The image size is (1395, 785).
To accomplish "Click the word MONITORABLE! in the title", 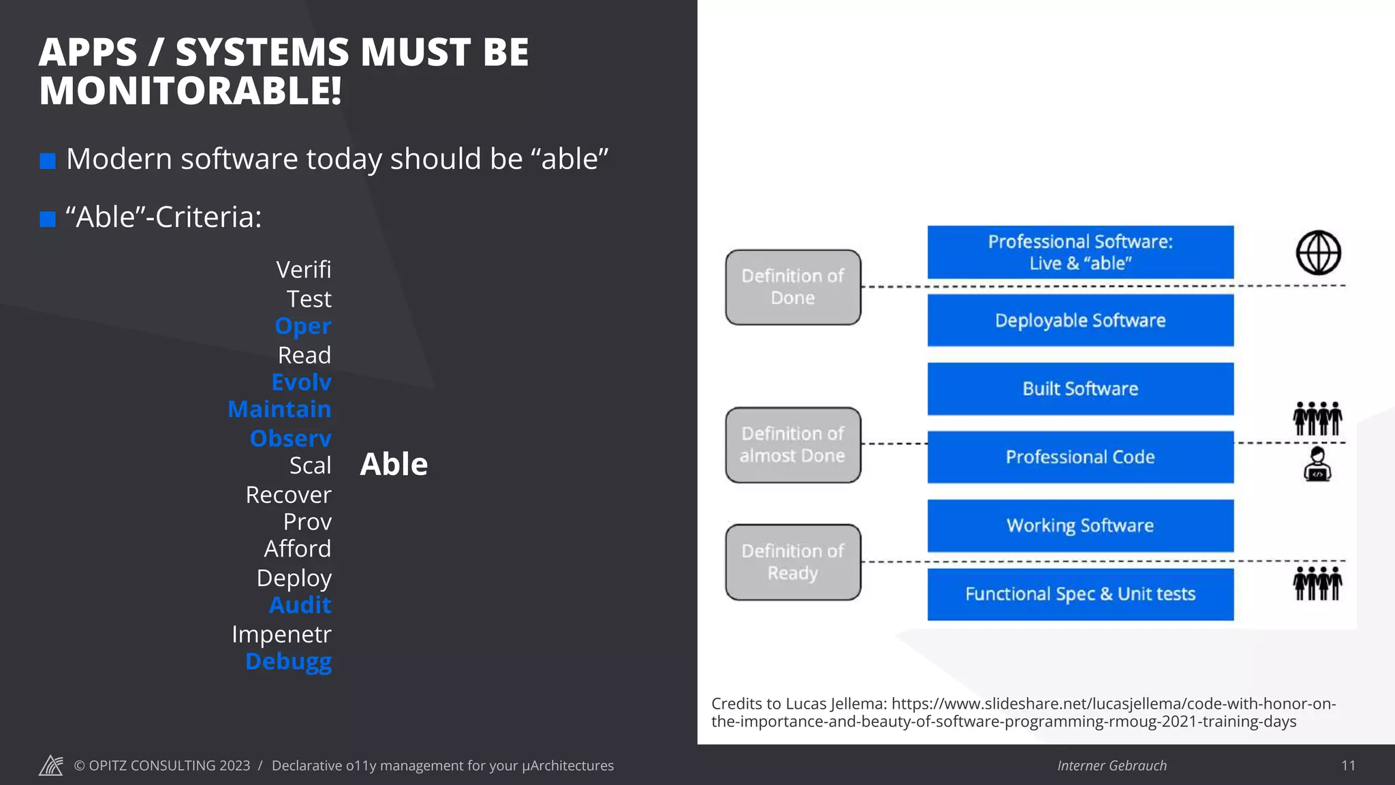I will [x=190, y=91].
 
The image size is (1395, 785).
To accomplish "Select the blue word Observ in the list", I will [x=290, y=438].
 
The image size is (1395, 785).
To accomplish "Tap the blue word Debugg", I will [x=288, y=661].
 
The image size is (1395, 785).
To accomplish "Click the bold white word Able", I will [x=394, y=464].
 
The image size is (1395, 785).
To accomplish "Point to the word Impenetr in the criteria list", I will [x=281, y=634].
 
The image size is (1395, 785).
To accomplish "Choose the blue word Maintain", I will [x=279, y=409].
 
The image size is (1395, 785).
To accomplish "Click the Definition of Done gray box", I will [x=793, y=287].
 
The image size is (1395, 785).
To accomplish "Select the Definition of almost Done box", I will [x=793, y=445].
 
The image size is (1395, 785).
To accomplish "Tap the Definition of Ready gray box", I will [x=793, y=562].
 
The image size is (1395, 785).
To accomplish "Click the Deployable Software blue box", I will [x=1080, y=320].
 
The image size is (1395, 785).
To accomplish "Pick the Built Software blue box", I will [x=1080, y=388].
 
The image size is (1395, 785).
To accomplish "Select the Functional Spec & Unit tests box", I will [x=1080, y=594].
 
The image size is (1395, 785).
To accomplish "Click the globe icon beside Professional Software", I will [x=1318, y=253].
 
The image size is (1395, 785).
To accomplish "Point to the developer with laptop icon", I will [x=1317, y=465].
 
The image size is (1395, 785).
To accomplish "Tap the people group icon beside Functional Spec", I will [x=1317, y=583].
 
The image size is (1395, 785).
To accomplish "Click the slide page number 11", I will [x=1348, y=765].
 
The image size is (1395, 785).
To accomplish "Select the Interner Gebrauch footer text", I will [x=1112, y=765].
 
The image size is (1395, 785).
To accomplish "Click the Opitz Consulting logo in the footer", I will [x=51, y=765].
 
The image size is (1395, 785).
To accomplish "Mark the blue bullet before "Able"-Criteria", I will [x=48, y=219].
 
